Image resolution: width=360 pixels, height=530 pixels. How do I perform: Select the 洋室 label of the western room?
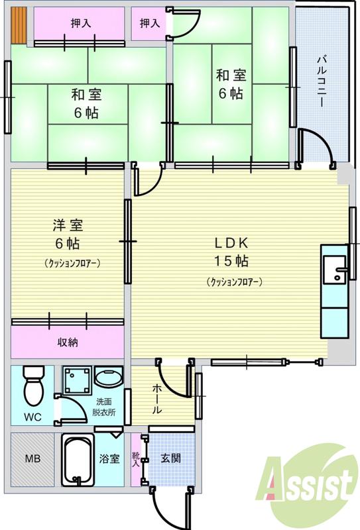68,225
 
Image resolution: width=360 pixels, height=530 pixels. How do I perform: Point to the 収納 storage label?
67,343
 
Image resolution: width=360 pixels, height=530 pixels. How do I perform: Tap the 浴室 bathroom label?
110,458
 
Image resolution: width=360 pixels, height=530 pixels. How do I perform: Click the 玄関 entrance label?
170,458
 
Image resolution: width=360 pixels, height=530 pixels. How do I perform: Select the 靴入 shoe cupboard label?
137,458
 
